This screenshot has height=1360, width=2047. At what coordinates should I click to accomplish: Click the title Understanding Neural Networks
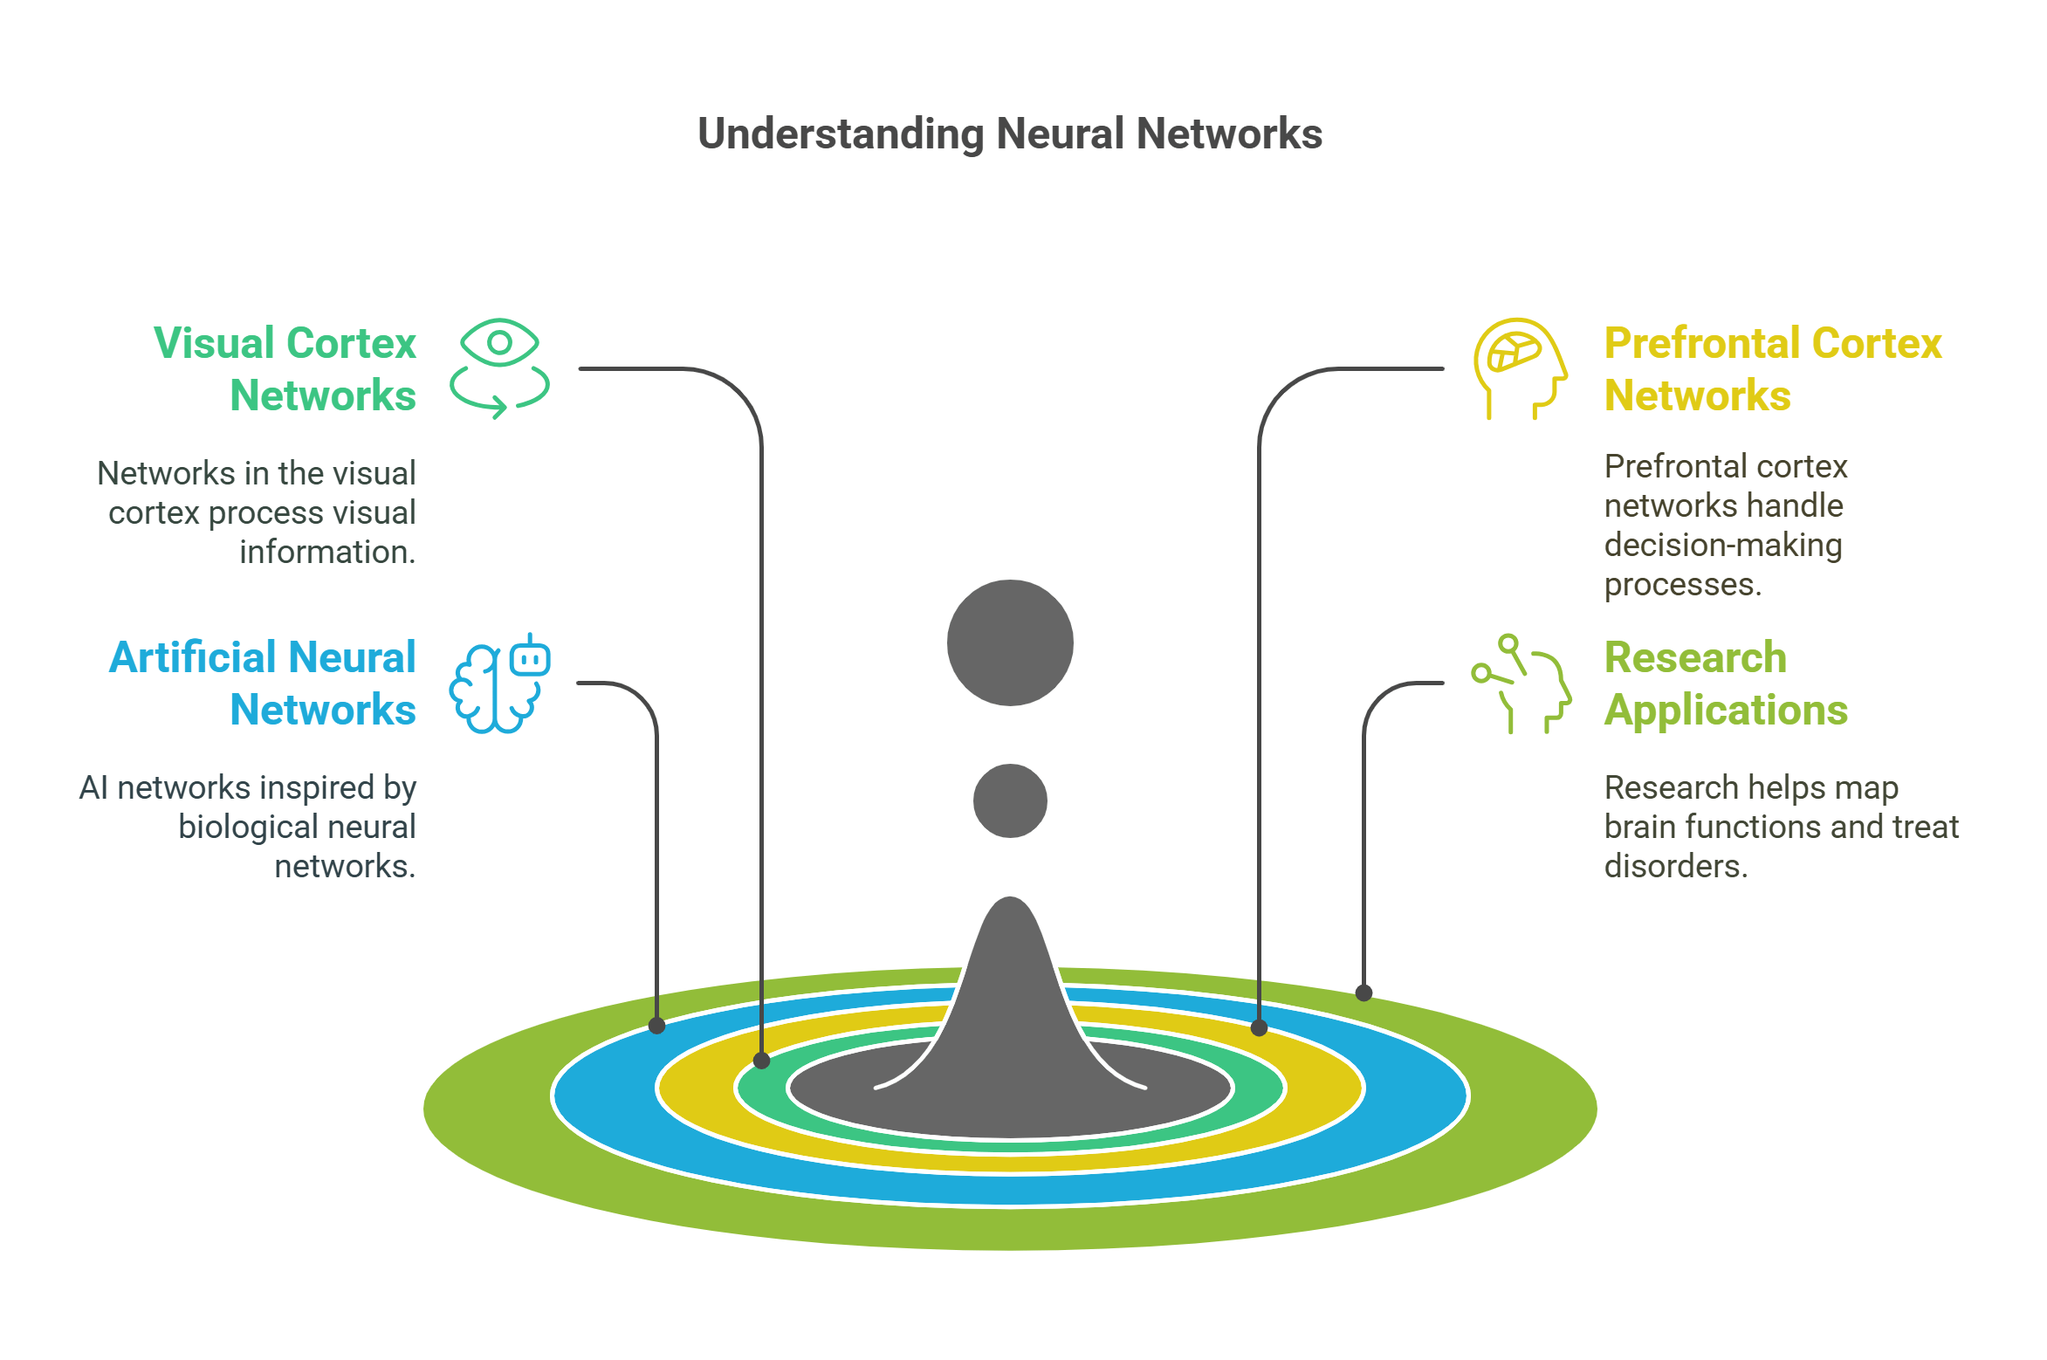click(1010, 134)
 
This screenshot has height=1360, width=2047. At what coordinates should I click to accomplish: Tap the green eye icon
click(499, 367)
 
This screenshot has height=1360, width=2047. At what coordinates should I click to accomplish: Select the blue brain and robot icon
click(499, 683)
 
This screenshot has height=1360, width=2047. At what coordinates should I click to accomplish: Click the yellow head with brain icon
click(1520, 367)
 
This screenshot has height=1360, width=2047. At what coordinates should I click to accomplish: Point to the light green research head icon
click(1522, 683)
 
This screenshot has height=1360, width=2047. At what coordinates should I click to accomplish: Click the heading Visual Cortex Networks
click(285, 368)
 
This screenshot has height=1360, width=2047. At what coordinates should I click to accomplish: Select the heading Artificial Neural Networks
click(263, 683)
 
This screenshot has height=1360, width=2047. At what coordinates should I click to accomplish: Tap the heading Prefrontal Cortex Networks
click(1772, 368)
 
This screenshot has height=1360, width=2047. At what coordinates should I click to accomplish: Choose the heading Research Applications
click(1725, 683)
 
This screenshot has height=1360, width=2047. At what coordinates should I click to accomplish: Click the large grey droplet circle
click(1010, 642)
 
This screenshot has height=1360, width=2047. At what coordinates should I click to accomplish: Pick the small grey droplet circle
click(1010, 800)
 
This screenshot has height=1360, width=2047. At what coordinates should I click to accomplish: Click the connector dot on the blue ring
click(657, 1027)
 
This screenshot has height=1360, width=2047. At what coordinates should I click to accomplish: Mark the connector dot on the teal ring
click(761, 1061)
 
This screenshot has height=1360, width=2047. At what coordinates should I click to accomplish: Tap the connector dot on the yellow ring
click(1259, 1027)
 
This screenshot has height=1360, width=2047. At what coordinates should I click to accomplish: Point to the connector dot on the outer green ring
click(1364, 993)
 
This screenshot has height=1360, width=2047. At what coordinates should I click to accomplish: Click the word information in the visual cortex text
click(326, 552)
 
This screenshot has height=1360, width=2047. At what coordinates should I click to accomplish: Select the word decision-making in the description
click(1722, 545)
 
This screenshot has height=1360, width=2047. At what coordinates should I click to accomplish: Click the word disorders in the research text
click(1675, 866)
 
